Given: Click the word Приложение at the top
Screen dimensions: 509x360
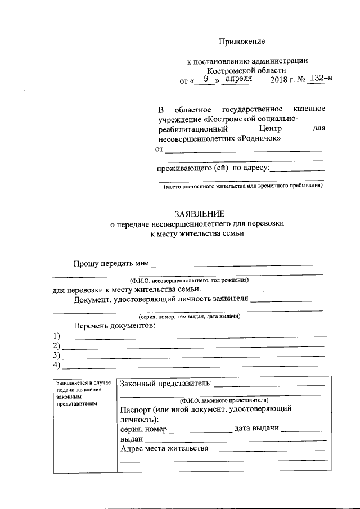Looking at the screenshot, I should click(241, 41).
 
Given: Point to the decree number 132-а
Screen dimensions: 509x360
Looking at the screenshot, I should click(321, 79).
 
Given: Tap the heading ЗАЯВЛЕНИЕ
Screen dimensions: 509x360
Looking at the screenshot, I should click(199, 213).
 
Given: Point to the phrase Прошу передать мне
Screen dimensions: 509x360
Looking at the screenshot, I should click(110, 263).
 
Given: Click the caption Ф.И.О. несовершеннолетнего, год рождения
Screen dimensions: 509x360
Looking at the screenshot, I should click(189, 280).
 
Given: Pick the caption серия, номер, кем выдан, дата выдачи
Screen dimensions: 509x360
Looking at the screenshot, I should click(190, 317).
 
